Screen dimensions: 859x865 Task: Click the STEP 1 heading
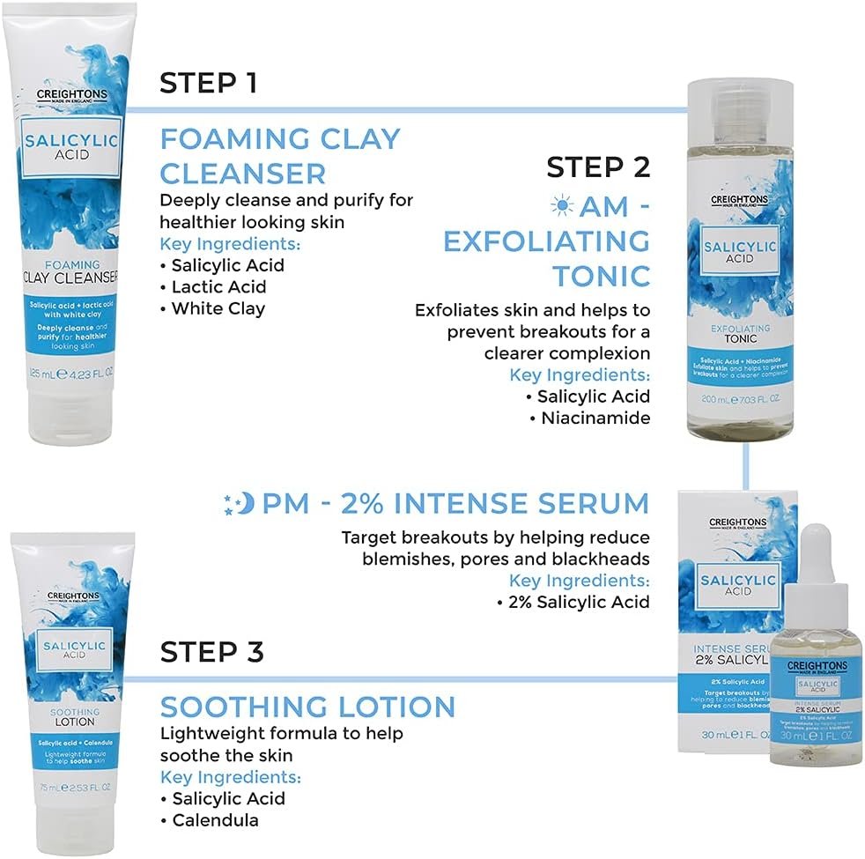(208, 84)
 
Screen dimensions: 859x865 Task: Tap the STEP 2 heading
(597, 167)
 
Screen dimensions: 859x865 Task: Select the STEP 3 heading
(211, 653)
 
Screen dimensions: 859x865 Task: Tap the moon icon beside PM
(240, 504)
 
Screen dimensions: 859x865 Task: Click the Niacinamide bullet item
(590, 418)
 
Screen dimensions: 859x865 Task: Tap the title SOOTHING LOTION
(307, 707)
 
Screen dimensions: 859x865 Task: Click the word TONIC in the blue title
(601, 276)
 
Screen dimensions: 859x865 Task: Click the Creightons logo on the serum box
(737, 523)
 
